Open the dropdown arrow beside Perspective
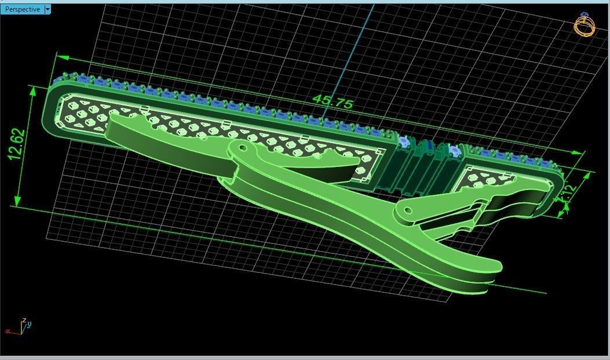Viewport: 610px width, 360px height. tap(48, 9)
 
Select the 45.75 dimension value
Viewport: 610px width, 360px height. tap(333, 102)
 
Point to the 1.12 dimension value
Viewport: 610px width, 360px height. tap(567, 194)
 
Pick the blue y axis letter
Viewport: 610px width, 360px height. tap(29, 324)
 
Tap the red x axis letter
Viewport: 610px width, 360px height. tap(8, 331)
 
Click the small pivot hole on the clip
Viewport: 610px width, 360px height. tap(409, 209)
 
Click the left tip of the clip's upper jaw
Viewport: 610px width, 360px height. tap(114, 119)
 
